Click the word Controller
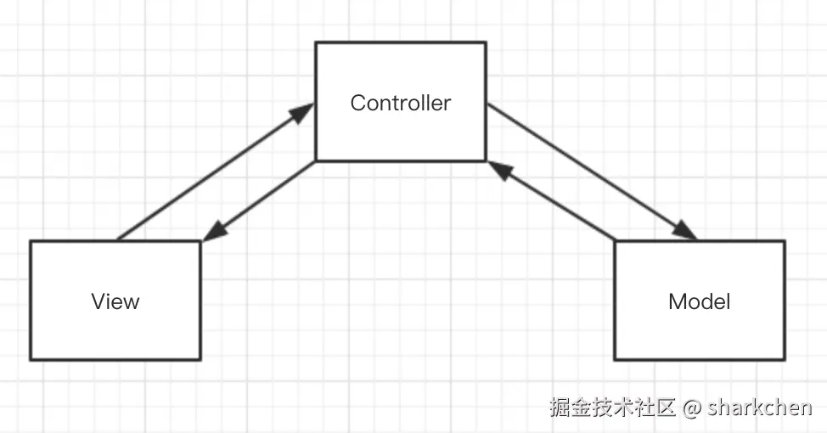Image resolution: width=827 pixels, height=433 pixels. (400, 104)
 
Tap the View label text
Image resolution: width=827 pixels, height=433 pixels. (115, 301)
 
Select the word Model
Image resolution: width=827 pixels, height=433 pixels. (699, 301)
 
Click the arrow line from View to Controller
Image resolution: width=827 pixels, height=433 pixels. (212, 174)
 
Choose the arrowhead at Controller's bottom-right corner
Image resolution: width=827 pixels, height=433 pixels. (499, 170)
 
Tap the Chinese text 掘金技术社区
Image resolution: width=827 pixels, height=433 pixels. (612, 408)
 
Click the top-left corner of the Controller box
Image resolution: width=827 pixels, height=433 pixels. (316, 42)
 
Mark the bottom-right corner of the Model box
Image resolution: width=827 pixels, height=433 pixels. (785, 359)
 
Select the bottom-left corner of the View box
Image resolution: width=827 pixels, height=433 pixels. (31, 359)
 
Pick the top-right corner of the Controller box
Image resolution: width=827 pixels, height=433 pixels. (486, 42)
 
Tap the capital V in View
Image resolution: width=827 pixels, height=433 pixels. (98, 301)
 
